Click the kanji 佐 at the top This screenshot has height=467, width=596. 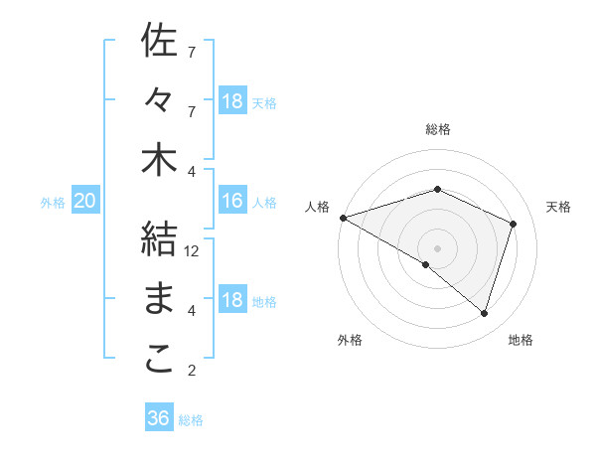tap(159, 42)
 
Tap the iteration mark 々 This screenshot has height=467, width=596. tap(159, 100)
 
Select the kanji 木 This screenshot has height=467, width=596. tap(159, 161)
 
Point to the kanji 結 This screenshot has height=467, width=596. tap(159, 239)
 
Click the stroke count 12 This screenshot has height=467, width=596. tap(193, 251)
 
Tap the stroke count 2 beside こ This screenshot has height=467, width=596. tap(192, 372)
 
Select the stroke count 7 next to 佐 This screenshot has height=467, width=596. tap(192, 51)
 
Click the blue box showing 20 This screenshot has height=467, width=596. tap(84, 202)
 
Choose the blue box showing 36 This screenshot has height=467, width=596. tap(158, 418)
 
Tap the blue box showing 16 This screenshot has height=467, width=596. tap(231, 202)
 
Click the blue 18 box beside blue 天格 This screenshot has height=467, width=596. tap(231, 101)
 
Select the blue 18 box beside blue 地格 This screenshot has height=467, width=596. tap(231, 301)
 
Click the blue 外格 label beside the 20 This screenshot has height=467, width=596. tap(53, 203)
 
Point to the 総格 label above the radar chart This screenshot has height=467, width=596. tap(437, 129)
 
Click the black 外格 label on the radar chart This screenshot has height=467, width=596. tap(350, 340)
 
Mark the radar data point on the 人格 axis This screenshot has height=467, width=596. tap(343, 217)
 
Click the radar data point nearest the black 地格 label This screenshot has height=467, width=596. tap(484, 313)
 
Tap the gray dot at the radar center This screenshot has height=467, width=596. tap(437, 246)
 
